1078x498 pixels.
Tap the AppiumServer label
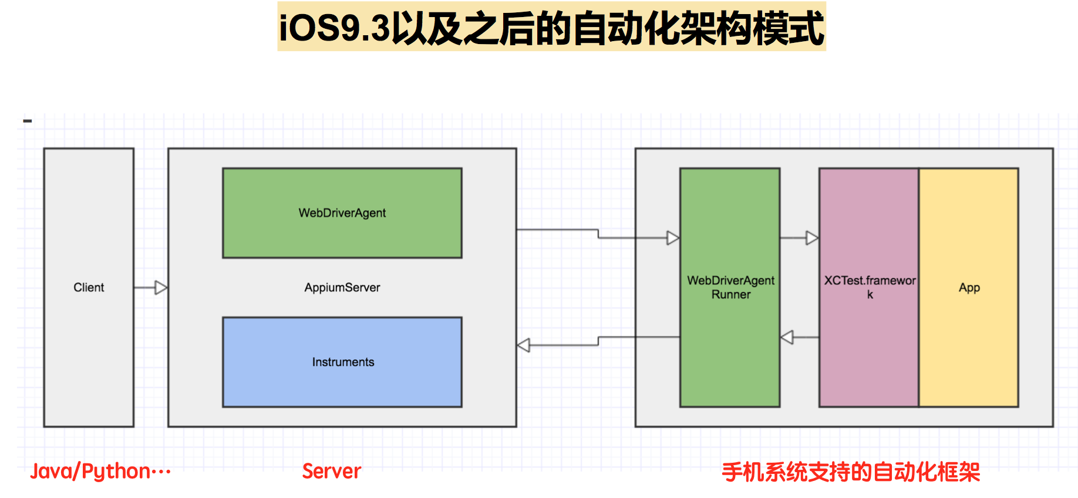[x=342, y=288]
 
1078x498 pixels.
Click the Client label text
[x=89, y=288]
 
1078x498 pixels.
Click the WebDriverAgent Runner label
[x=730, y=288]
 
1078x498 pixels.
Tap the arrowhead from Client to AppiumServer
[x=161, y=288]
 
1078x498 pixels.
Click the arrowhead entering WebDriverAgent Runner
[x=673, y=238]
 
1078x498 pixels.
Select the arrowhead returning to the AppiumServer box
[x=524, y=345]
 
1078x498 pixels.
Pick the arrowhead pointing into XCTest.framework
[x=812, y=238]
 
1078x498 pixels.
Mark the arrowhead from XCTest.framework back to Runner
[x=787, y=337]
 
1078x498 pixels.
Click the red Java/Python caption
[x=100, y=472]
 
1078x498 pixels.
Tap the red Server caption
[x=331, y=472]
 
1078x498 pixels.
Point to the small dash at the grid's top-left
[x=27, y=121]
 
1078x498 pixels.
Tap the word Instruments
[x=343, y=362]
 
